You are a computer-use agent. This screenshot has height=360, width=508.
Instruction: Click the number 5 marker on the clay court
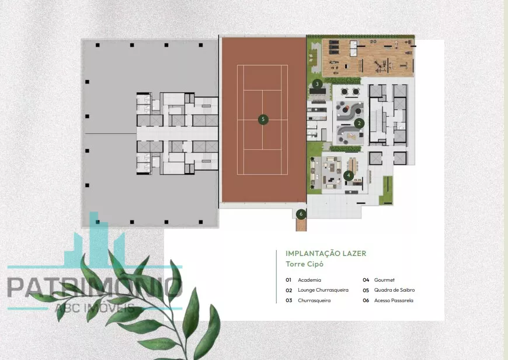click(x=263, y=119)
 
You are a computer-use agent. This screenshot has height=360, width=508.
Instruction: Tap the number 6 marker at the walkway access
click(x=301, y=214)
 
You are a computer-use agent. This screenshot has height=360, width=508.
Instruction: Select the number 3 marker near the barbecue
click(x=317, y=84)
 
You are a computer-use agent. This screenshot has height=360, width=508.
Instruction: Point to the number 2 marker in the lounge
click(x=359, y=123)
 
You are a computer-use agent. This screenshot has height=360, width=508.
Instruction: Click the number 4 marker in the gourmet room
click(x=349, y=176)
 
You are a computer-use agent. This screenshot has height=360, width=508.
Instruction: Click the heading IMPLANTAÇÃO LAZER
click(x=326, y=254)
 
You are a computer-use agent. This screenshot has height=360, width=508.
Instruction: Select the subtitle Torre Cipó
click(x=305, y=264)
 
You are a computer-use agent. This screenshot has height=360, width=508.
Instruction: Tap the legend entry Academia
click(x=309, y=280)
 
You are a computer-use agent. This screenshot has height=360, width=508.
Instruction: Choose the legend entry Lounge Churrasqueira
click(x=323, y=290)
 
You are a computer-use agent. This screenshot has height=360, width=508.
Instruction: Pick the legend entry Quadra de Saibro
click(x=394, y=290)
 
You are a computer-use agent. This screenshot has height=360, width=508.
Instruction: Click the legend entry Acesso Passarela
click(x=394, y=300)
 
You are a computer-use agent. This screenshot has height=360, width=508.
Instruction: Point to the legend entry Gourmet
click(x=384, y=280)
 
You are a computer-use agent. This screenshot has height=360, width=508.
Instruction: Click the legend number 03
click(x=288, y=300)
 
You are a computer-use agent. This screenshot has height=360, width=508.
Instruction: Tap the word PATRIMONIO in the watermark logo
click(x=95, y=286)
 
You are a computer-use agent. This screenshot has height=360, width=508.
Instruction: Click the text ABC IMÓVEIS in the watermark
click(x=95, y=307)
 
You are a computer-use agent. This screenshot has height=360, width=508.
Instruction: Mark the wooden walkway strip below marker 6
click(x=301, y=225)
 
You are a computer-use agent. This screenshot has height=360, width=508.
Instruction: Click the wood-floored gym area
click(x=368, y=58)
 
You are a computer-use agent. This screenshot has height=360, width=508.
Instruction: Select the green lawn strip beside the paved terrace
click(x=388, y=191)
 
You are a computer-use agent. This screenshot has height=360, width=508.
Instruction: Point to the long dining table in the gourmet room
click(x=352, y=165)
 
